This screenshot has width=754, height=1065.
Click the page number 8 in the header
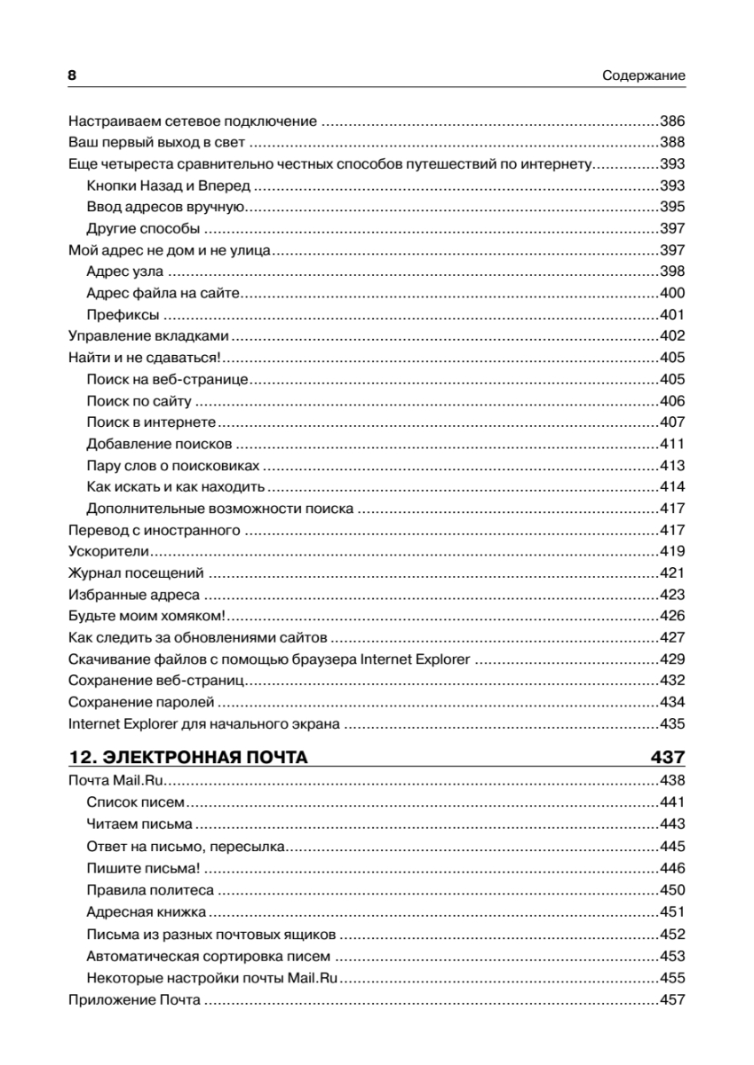73,76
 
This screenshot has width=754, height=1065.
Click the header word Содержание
642,76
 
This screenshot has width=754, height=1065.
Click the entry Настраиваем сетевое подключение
193,122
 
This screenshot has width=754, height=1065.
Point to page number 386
672,122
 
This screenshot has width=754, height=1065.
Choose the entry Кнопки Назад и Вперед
169,185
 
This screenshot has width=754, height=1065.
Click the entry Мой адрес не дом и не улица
169,250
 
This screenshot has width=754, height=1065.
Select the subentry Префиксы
123,315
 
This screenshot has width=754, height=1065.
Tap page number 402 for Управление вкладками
672,336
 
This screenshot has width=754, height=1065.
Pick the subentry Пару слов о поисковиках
173,466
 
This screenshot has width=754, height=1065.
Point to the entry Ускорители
108,552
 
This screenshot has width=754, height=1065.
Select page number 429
672,659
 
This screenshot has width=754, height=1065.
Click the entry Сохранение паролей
141,703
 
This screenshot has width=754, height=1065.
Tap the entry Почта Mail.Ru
118,782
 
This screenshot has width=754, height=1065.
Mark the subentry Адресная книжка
147,911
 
